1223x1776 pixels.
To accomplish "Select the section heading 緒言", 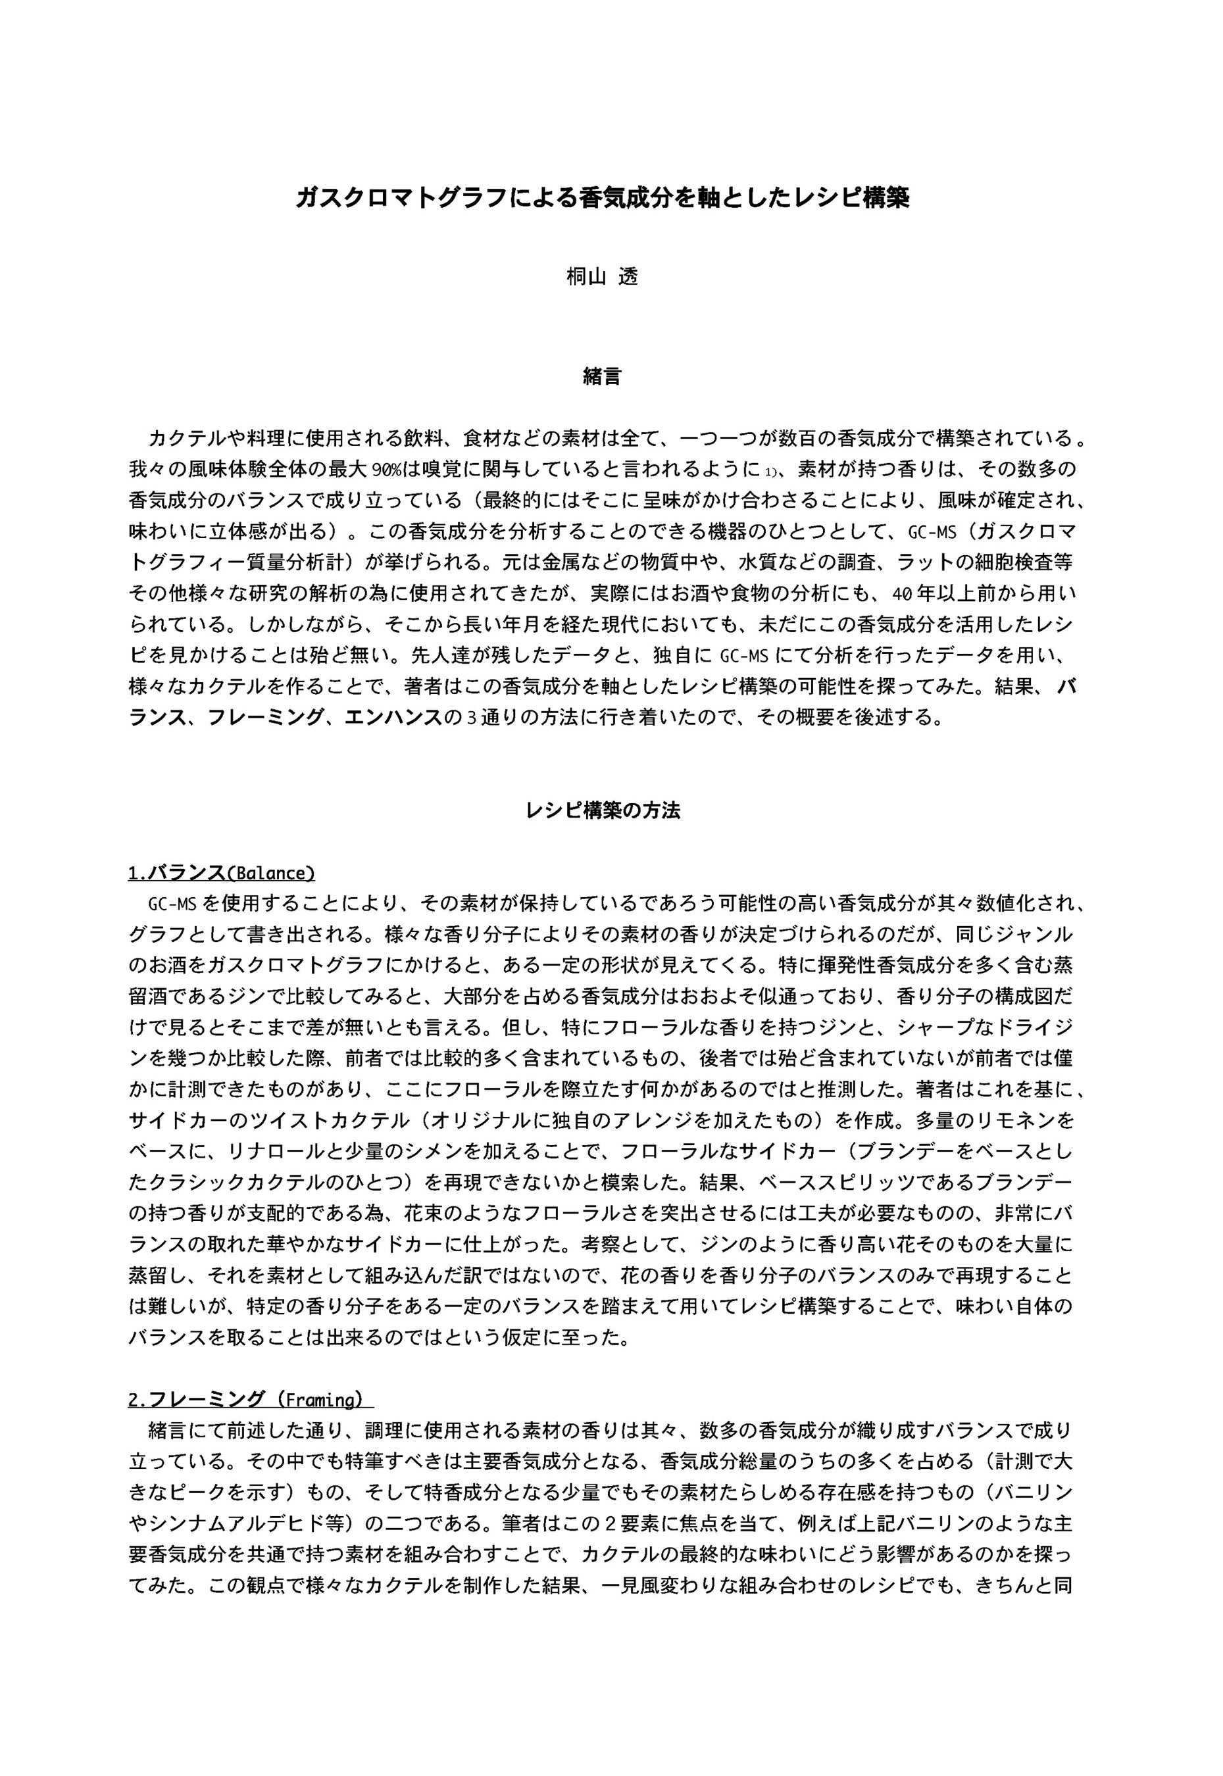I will coord(603,376).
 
